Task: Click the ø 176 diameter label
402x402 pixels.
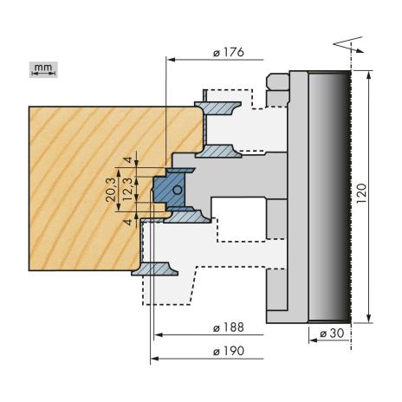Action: [229, 53]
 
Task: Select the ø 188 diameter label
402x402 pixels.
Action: [229, 327]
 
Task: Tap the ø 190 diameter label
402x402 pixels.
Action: [229, 351]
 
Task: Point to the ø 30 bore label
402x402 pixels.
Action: [332, 334]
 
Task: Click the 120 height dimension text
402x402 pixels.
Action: [361, 193]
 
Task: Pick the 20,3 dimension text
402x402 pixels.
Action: [111, 190]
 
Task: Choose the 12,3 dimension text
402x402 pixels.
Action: [127, 190]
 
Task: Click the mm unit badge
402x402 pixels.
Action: [43, 69]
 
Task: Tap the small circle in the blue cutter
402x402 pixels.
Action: [177, 190]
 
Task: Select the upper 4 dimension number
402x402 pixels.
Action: [128, 159]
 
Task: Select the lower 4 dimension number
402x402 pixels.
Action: [128, 222]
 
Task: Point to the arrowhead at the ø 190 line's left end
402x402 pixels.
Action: [155, 359]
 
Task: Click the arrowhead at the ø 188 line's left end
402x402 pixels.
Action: [159, 335]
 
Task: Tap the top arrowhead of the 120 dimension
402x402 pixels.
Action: [369, 75]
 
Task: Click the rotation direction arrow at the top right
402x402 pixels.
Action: [348, 44]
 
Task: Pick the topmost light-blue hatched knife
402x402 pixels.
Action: [218, 108]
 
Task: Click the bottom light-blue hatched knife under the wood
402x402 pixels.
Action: [155, 269]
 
